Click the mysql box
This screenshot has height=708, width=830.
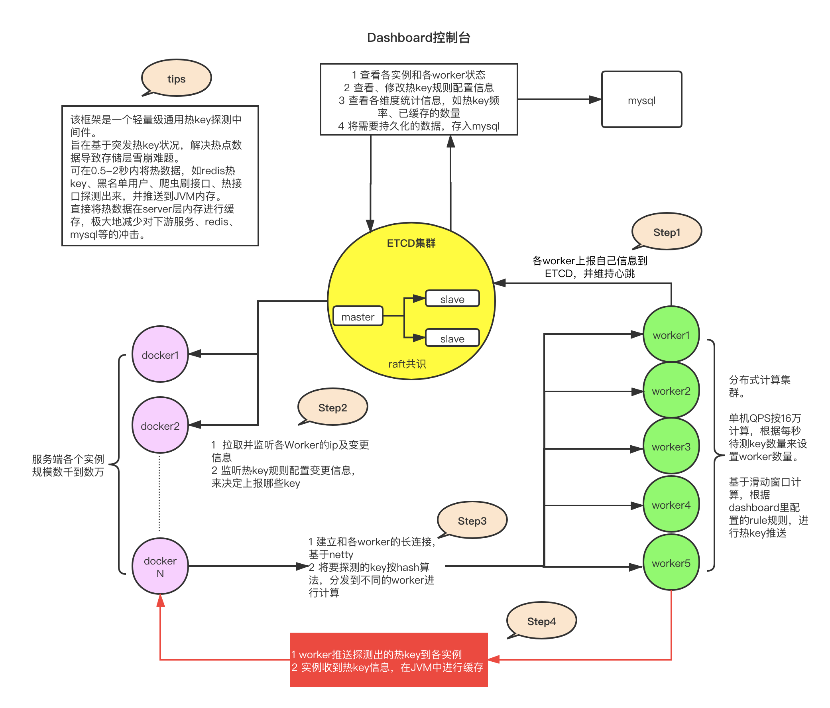(641, 100)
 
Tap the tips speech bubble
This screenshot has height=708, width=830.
(176, 79)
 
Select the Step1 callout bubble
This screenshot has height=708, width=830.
(667, 232)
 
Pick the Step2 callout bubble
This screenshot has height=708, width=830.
(332, 407)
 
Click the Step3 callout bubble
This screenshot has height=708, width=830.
(472, 521)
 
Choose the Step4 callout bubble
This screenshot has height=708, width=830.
(541, 621)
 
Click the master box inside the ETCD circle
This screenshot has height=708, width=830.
(358, 317)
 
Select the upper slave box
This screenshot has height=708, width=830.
(452, 299)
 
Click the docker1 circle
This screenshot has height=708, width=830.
(160, 355)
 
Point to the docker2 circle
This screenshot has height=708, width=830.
(160, 425)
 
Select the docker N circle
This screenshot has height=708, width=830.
(160, 566)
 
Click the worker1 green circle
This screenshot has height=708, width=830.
(671, 334)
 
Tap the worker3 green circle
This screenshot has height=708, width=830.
(671, 446)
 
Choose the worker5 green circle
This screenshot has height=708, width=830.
(671, 562)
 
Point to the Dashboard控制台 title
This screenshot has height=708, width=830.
(419, 37)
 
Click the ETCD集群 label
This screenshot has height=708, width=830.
(411, 243)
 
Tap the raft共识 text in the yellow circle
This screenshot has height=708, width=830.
(407, 364)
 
